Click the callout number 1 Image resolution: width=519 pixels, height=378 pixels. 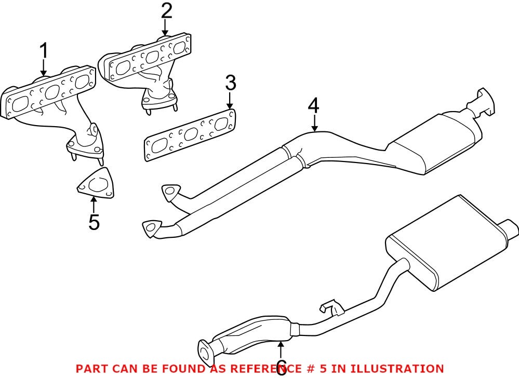(x=44, y=51)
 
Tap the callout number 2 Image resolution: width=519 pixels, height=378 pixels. (x=166, y=10)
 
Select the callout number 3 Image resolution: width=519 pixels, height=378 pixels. (x=230, y=83)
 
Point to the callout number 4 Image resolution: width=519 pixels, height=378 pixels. (x=313, y=106)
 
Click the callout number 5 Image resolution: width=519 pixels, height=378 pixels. (x=94, y=222)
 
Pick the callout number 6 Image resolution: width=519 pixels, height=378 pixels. (x=281, y=368)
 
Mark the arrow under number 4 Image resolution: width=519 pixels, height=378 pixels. (x=314, y=124)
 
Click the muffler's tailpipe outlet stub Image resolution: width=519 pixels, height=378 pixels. (x=509, y=227)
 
